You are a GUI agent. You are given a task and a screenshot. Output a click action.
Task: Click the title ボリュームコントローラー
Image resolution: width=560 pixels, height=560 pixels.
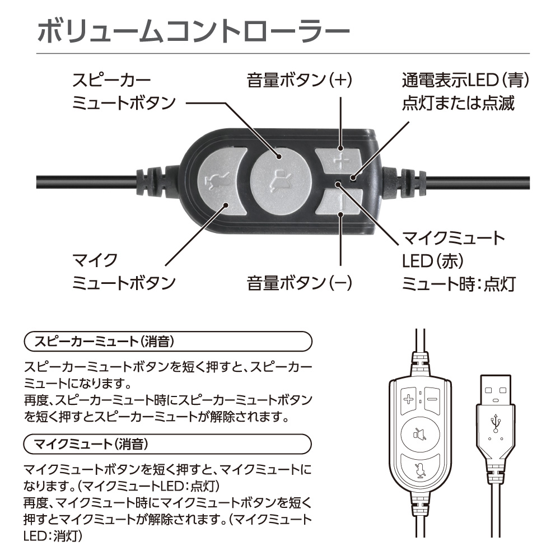pos(193,31)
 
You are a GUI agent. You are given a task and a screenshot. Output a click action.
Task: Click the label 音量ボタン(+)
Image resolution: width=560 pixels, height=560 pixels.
pos(299,80)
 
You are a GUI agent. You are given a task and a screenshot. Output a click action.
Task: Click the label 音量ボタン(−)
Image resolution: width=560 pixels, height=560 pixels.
pos(299,283)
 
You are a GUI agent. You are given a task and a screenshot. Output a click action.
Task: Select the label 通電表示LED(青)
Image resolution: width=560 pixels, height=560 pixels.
pos(465,80)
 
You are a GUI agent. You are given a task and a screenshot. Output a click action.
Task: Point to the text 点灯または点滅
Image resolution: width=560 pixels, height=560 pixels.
pos(458,104)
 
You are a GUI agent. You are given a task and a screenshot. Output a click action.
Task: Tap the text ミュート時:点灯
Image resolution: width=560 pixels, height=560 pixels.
pos(459,284)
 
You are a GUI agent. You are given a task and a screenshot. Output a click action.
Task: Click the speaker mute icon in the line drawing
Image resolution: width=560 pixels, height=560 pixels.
pos(419,435)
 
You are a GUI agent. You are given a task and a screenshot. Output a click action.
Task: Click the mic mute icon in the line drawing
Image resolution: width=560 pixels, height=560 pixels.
pos(420,470)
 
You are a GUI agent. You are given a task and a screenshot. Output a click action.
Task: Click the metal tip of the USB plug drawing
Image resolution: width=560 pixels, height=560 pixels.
pos(496,389)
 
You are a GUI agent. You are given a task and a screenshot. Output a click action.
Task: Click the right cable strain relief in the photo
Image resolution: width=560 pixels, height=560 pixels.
pos(404,183)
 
